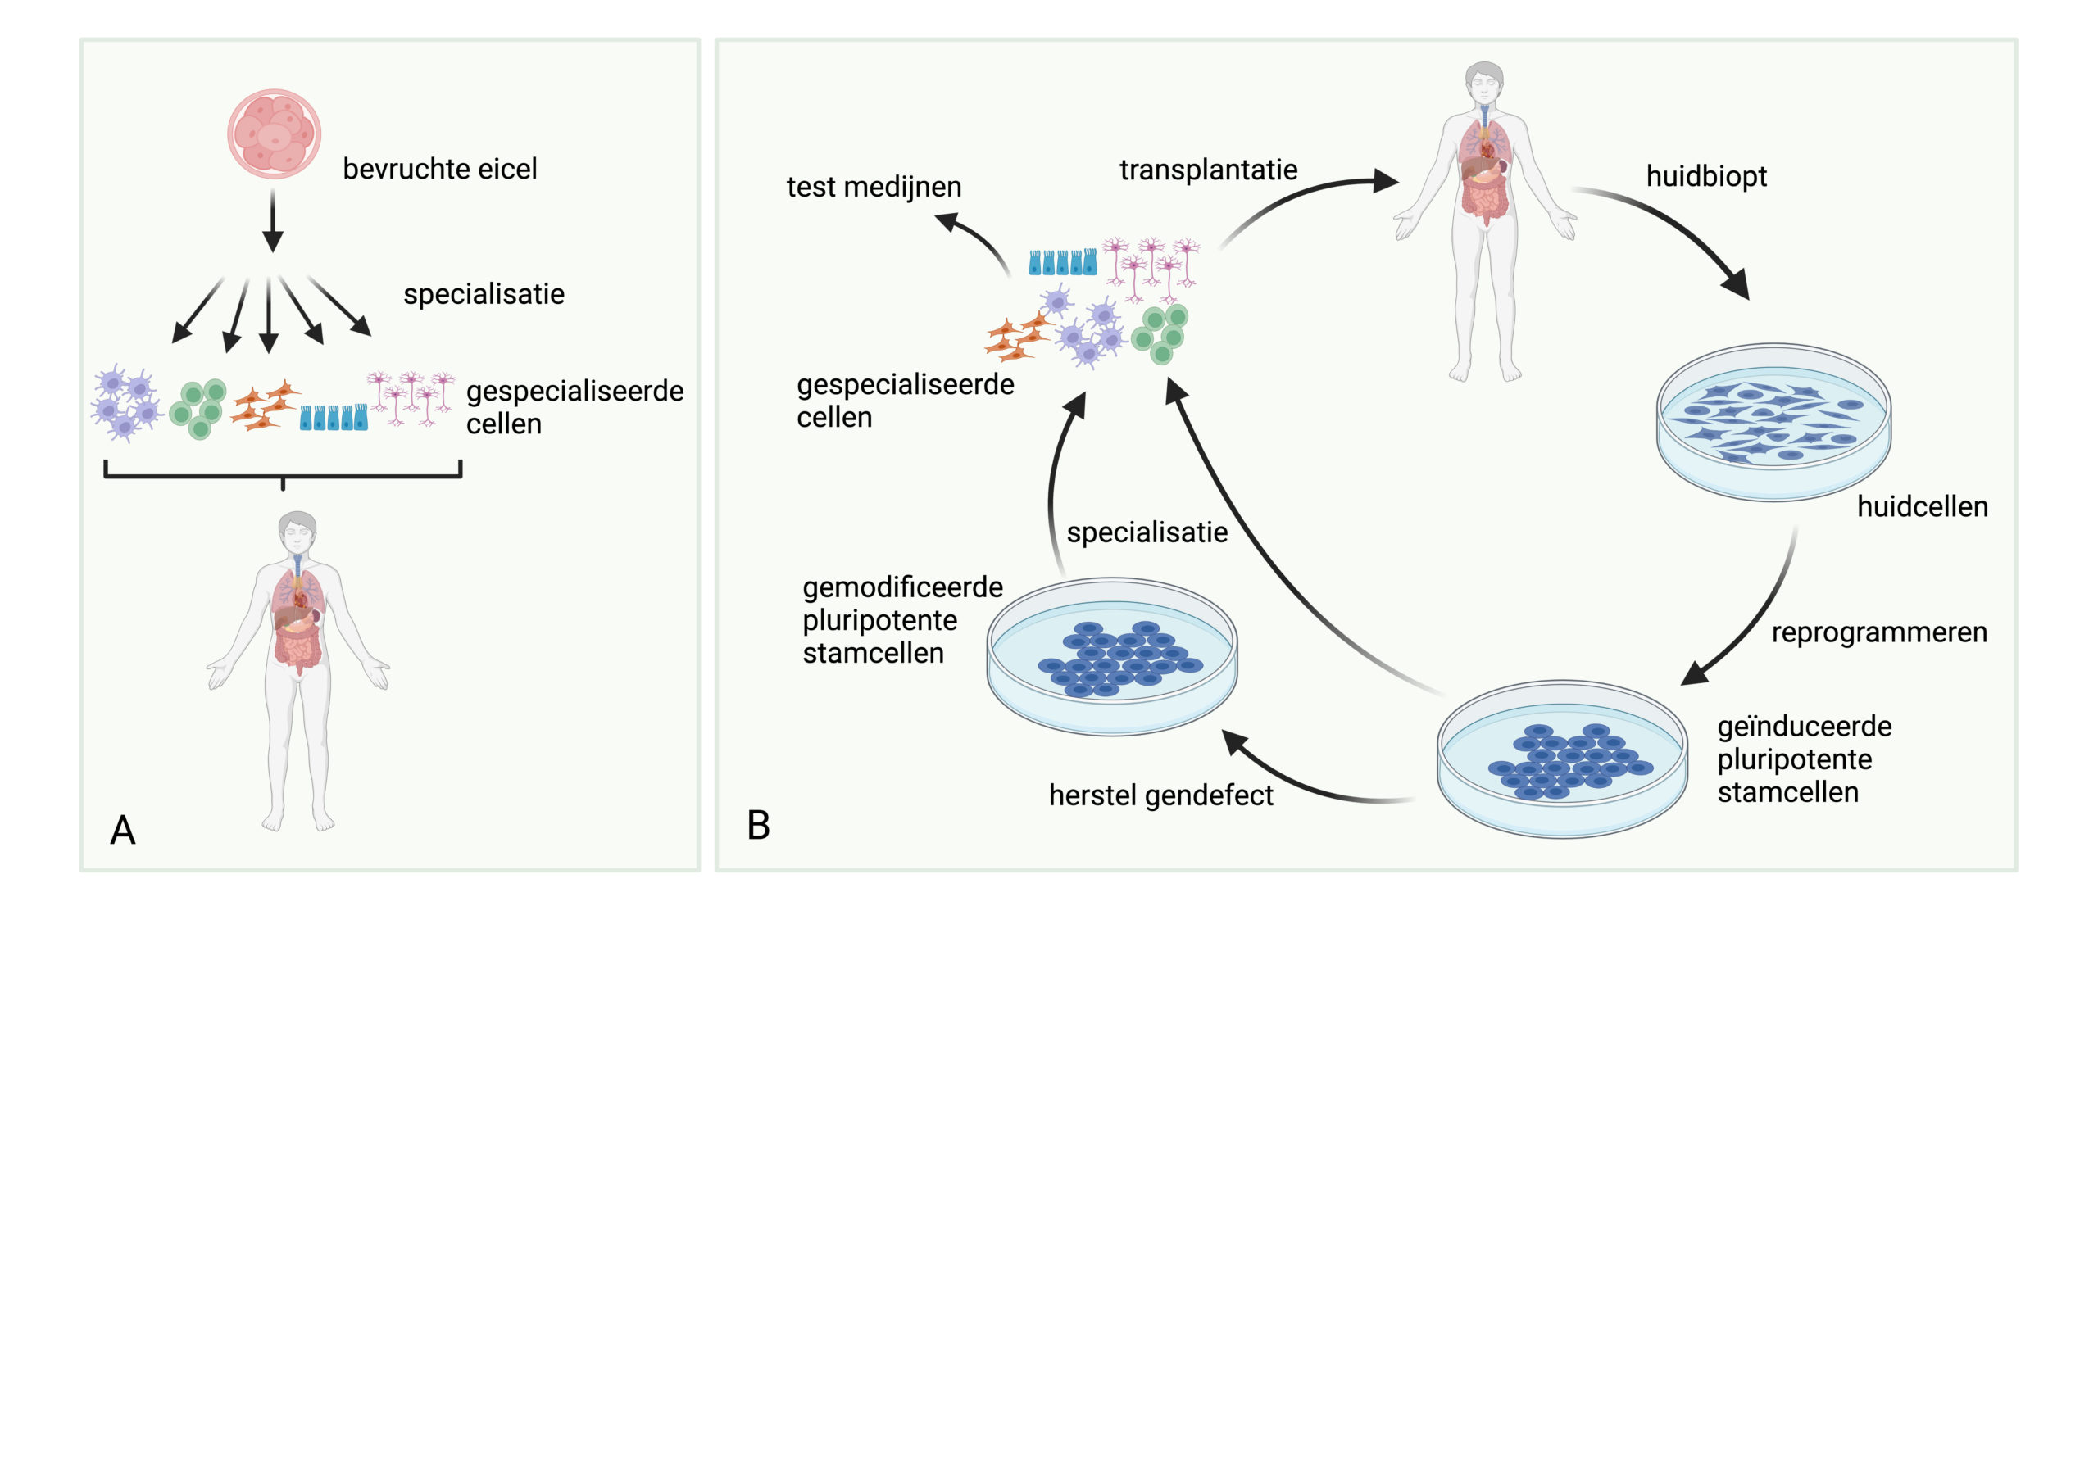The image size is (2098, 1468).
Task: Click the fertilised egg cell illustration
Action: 274,134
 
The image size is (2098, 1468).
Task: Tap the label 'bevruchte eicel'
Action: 439,169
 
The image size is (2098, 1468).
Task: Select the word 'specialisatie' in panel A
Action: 484,294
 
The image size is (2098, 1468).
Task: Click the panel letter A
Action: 122,831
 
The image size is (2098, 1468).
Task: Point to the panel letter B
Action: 758,825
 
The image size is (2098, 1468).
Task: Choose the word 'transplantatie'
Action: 1208,170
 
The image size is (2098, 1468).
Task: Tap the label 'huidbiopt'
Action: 1706,176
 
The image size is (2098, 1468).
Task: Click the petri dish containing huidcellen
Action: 1773,422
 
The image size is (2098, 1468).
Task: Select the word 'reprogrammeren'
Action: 1878,632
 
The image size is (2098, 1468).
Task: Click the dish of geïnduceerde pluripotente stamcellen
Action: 1563,759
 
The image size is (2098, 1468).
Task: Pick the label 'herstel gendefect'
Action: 1160,795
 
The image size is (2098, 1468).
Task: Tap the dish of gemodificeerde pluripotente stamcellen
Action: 1112,656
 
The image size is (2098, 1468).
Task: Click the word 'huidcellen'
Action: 1922,507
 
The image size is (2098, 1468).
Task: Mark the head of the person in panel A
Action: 297,530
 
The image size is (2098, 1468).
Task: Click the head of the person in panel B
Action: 1484,81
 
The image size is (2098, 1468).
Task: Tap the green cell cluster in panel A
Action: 198,408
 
